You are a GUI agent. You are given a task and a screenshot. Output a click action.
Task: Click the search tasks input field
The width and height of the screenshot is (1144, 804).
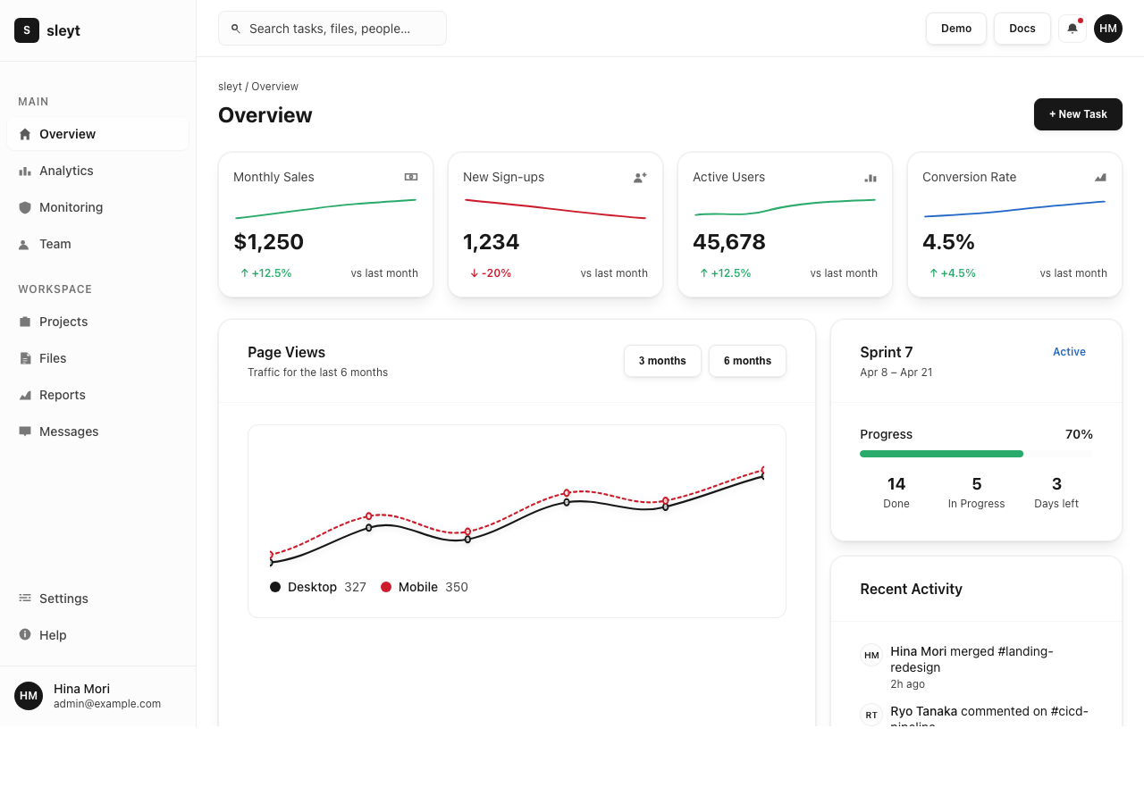click(332, 29)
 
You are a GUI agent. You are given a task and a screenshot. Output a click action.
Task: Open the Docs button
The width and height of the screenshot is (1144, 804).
click(1022, 29)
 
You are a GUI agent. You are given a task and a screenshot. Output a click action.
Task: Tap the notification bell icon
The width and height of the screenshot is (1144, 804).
click(1072, 29)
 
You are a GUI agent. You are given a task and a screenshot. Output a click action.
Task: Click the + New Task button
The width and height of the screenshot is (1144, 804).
click(1077, 114)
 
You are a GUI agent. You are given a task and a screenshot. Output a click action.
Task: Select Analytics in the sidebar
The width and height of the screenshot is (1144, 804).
click(66, 171)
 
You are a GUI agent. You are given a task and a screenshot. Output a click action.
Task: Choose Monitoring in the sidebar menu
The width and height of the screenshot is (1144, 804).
click(71, 207)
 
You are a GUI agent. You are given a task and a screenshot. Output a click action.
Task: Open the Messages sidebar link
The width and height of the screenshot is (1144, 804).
click(69, 431)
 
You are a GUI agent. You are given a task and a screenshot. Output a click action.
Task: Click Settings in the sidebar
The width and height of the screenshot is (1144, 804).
click(63, 599)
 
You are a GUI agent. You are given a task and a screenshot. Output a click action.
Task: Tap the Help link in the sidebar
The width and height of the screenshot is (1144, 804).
click(53, 635)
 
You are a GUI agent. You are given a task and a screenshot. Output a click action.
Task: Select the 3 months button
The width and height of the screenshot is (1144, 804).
click(662, 361)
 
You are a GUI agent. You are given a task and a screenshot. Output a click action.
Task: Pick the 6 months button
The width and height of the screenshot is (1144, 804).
click(747, 361)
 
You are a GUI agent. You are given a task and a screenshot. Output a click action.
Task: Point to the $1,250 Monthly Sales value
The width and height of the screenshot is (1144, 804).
click(268, 242)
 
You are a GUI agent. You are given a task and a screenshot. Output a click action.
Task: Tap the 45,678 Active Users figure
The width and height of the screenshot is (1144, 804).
click(728, 242)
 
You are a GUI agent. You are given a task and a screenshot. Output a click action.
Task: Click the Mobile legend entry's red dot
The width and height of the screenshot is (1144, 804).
click(386, 587)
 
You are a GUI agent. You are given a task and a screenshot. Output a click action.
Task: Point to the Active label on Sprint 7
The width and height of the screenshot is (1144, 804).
click(1069, 352)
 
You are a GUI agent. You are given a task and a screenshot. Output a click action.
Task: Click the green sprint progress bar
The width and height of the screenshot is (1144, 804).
click(941, 454)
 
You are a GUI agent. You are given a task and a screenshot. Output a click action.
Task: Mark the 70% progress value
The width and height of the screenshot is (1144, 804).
click(1079, 434)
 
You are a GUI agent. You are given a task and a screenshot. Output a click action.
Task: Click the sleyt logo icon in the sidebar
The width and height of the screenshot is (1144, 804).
click(27, 30)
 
